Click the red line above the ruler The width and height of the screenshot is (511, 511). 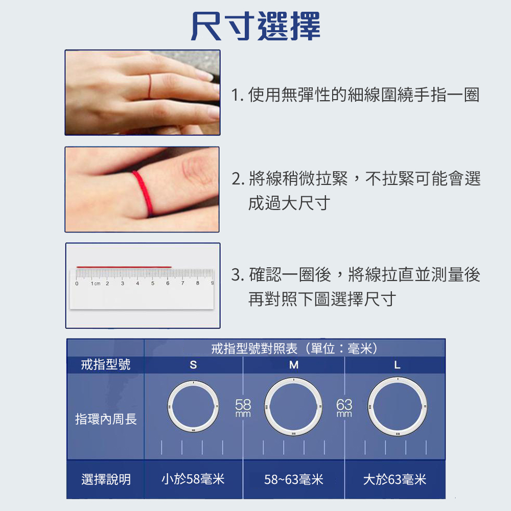click(x=124, y=267)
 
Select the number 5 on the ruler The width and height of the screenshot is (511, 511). click(x=152, y=283)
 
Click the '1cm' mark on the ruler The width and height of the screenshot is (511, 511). click(x=95, y=283)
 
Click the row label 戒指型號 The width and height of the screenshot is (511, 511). click(x=106, y=364)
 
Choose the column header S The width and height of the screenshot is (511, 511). click(x=193, y=365)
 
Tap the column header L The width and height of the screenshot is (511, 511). click(x=397, y=365)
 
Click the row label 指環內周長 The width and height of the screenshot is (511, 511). click(x=106, y=420)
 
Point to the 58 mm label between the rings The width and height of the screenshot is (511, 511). click(x=243, y=407)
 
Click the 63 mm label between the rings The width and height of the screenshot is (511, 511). click(x=344, y=407)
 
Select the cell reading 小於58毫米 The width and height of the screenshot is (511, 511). click(x=193, y=479)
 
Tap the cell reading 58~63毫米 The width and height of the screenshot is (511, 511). click(x=294, y=479)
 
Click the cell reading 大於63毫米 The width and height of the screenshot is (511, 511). click(x=394, y=479)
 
